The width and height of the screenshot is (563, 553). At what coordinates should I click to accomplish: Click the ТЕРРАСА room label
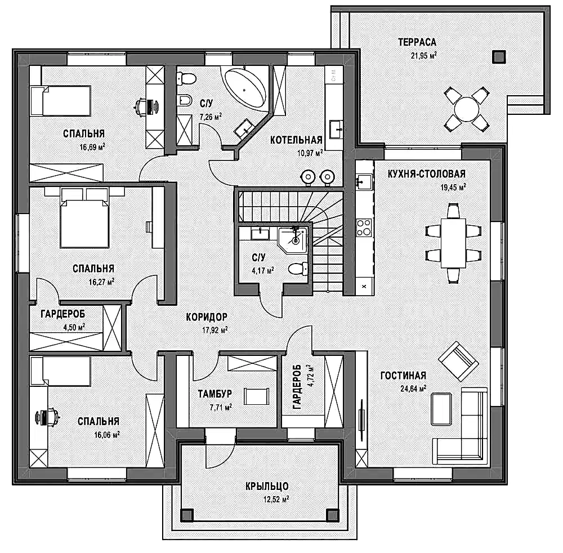click(x=417, y=42)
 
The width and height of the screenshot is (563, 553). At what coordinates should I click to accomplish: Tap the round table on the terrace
click(x=466, y=109)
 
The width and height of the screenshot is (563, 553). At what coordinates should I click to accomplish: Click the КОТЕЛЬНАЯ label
click(x=296, y=140)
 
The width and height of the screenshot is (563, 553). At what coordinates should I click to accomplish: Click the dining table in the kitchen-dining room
click(x=453, y=243)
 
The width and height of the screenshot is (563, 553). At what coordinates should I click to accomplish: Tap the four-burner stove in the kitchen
click(x=364, y=228)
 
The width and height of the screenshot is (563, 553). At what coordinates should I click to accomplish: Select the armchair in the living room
click(x=458, y=361)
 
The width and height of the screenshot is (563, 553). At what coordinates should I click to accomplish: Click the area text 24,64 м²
click(x=413, y=388)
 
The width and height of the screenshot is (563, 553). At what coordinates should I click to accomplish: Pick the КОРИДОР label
click(x=207, y=317)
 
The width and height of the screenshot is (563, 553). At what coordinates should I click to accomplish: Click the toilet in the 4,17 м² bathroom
click(x=298, y=269)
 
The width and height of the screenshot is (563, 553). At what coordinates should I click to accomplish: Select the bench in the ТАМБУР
click(x=256, y=396)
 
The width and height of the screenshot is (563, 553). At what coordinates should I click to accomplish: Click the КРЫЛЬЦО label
click(x=267, y=486)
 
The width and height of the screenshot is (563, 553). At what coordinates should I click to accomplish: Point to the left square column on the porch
click(x=187, y=515)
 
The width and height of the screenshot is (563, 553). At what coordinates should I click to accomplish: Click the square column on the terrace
click(x=499, y=57)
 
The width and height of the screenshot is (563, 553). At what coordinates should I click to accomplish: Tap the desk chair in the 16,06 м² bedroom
click(x=49, y=417)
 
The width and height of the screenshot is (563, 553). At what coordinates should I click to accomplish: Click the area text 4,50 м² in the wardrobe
click(x=74, y=327)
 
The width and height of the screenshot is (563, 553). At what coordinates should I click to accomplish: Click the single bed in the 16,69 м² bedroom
click(x=60, y=101)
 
